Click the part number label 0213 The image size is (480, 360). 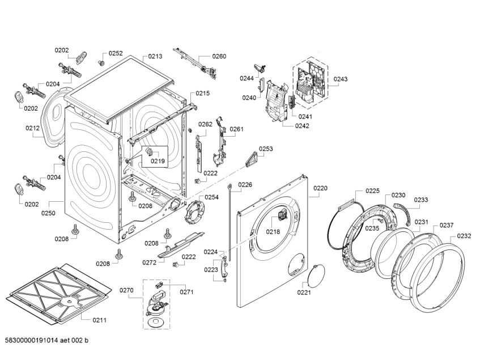(155, 57)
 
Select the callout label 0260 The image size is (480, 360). (219, 56)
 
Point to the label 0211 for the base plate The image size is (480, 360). (99, 320)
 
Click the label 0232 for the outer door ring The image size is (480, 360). (464, 236)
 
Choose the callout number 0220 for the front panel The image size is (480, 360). (320, 188)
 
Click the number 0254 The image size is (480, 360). (211, 197)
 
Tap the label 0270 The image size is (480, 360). (126, 290)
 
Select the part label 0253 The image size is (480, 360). (266, 149)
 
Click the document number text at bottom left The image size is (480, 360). (47, 340)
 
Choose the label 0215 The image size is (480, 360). (203, 93)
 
